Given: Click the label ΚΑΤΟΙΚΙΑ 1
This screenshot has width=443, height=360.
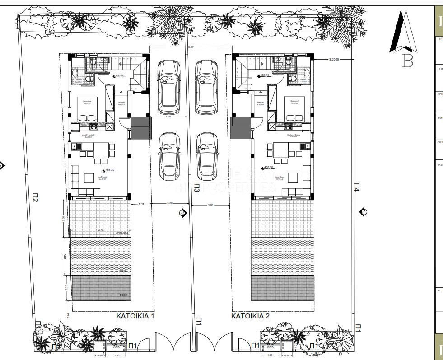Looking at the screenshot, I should click(135, 317).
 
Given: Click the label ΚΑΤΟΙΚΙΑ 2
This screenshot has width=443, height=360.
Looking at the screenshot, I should click(250, 317).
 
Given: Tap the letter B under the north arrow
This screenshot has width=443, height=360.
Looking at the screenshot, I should click(407, 61).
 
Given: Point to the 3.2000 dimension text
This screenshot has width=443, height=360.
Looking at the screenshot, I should click(334, 60).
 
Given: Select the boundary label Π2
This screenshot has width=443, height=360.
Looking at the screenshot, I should click(35, 197).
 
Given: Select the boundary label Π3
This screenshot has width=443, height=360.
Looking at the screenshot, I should click(196, 188).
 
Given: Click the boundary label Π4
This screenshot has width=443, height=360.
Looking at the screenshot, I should click(356, 187).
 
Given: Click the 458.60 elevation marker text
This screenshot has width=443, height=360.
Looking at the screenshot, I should click(120, 76).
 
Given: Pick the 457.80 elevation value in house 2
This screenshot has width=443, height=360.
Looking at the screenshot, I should click(269, 167).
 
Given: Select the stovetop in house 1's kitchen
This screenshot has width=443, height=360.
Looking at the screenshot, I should click(94, 126).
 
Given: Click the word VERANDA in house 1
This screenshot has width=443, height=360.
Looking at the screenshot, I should click(121, 234).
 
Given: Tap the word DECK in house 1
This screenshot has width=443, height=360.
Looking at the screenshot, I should click(123, 295).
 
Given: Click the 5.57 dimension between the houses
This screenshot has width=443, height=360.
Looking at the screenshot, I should click(191, 47).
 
